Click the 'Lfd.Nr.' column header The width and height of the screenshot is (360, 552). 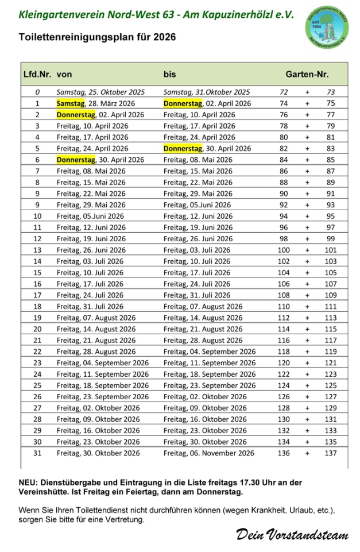tap(37, 74)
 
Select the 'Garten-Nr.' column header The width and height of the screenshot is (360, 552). tap(307, 74)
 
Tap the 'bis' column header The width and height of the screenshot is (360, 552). tap(169, 74)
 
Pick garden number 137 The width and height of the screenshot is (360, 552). tap(330, 453)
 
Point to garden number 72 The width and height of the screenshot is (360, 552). tap(284, 92)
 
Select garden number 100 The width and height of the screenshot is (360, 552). tap(284, 250)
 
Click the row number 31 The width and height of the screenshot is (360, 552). tap(37, 453)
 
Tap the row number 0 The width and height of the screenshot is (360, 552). tap(37, 92)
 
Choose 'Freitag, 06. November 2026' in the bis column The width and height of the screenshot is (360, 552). tap(208, 453)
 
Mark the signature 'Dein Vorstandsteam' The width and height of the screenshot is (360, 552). tap(292, 535)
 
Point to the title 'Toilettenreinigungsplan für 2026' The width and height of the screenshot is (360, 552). tap(97, 37)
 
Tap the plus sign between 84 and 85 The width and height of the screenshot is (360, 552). tap(307, 160)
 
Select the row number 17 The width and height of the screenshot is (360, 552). tap(37, 295)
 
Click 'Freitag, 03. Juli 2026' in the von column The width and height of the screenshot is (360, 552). tap(90, 261)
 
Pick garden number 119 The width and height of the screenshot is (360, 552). tap(330, 352)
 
